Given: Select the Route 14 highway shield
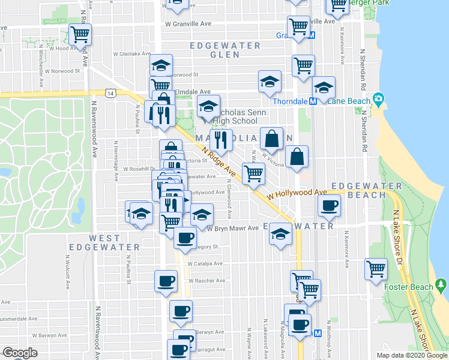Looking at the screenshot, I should pos(110,93).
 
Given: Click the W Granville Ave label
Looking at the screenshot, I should pos(189,25).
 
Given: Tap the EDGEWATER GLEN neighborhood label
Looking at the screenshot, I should pos(225,50).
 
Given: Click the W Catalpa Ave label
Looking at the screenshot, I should pos(205,263).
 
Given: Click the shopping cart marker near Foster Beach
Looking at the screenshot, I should pos(376,268).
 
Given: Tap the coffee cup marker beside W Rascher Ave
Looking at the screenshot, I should pos(166,280).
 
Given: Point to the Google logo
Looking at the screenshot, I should pos(20,353).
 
